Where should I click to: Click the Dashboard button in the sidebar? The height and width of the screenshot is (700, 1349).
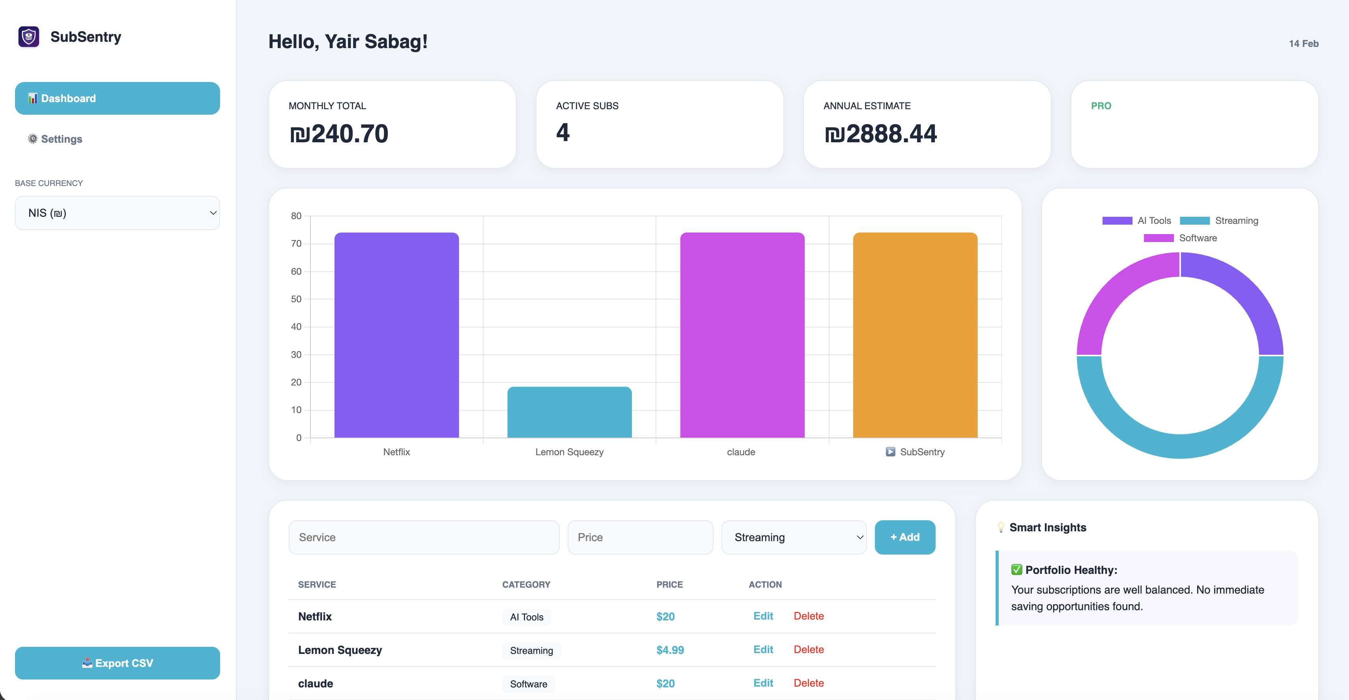click(117, 99)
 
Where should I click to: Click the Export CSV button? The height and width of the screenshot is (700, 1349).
click(117, 663)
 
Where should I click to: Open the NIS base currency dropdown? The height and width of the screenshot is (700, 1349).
click(117, 213)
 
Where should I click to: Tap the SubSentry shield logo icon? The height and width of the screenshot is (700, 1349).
click(29, 37)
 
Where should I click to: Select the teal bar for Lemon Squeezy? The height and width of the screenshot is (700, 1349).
click(569, 412)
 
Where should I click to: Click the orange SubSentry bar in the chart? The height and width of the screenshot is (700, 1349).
click(915, 335)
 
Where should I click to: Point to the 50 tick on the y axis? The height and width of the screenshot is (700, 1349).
click(296, 299)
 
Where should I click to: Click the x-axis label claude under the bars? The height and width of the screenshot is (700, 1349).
click(740, 452)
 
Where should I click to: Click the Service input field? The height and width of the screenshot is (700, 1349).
click(424, 537)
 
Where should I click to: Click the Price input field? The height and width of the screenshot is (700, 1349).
click(640, 537)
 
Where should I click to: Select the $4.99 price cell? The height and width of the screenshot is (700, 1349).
click(670, 650)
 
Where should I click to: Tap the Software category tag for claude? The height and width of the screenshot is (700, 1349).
click(529, 684)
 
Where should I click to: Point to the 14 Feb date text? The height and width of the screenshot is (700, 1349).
click(1303, 44)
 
